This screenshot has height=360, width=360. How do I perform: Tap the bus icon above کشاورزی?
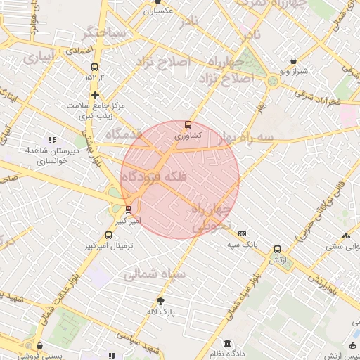click(188, 124)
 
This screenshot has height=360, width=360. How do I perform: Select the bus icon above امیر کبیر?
click(127, 209)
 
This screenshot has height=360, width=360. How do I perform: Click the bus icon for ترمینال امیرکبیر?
click(108, 236)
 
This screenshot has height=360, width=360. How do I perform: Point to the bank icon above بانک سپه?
click(243, 233)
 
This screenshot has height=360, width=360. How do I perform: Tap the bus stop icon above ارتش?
click(277, 250)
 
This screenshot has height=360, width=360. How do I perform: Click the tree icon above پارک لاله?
click(160, 300)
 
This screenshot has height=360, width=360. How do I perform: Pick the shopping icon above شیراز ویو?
click(292, 61)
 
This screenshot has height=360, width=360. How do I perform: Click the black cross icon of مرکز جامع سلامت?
click(95, 94)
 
